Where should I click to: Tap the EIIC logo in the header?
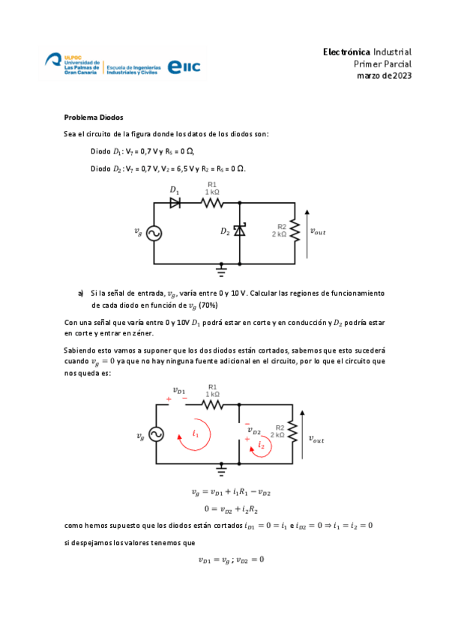(184, 67)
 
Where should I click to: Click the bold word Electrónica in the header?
(346, 52)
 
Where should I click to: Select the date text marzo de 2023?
(384, 76)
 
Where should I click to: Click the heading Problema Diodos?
(94, 118)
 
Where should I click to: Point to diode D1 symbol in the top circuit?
(175, 202)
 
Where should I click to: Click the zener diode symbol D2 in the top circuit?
(240, 231)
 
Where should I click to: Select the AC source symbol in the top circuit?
(154, 233)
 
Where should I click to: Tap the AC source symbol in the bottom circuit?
(156, 434)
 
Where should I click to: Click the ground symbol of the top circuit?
(222, 267)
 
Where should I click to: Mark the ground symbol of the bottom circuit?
(222, 469)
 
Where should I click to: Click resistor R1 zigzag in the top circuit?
(212, 202)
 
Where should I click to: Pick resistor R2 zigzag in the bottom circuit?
(292, 433)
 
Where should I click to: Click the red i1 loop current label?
(195, 433)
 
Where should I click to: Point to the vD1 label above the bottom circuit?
(180, 389)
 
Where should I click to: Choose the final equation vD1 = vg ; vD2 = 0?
(231, 559)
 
